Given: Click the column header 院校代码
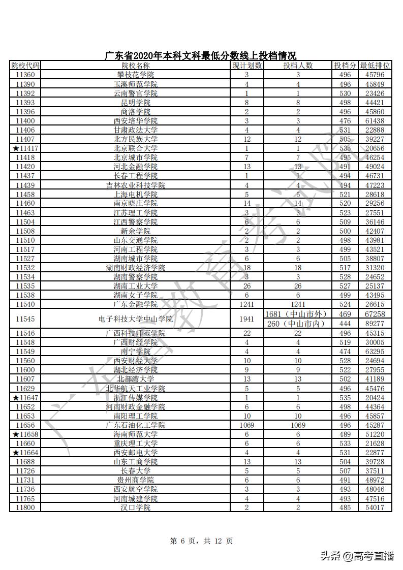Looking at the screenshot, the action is point(25,66).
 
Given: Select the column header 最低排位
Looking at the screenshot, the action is point(375,66).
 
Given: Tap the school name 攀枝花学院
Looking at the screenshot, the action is point(136,75).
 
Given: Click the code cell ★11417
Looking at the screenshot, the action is point(25,148).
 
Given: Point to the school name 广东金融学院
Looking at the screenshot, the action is point(136,304).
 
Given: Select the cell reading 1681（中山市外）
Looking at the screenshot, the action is point(296,314).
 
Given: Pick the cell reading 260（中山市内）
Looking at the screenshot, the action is point(297,324).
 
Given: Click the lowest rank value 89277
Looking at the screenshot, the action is point(375,324).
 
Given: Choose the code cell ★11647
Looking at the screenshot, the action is point(25,397).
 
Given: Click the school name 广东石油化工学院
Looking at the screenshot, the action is point(136,425).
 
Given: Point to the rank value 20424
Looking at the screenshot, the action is point(375,397).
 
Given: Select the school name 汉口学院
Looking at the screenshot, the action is point(136,508).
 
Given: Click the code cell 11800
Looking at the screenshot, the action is point(25,508).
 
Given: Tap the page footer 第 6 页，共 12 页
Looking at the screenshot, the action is point(202,541).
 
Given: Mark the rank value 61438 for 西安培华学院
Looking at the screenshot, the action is point(375,121).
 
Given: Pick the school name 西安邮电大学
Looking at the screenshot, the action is point(136,453).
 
